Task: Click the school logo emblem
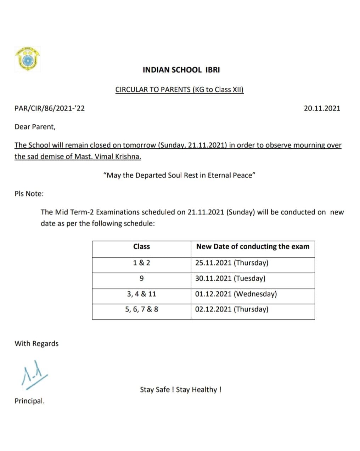[x=27, y=58]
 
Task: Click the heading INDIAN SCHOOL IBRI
[x=181, y=70]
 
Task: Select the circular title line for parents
[x=179, y=89]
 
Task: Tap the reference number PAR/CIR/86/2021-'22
[x=50, y=108]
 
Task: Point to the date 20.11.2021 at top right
[x=322, y=108]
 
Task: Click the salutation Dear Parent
[x=35, y=127]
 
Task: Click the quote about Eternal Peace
[x=179, y=175]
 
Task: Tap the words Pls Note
[x=29, y=194]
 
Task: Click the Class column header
[x=141, y=246]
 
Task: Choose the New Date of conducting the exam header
[x=253, y=246]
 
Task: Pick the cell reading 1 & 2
[x=141, y=263]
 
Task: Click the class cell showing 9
[x=141, y=278]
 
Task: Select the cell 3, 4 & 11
[x=141, y=294]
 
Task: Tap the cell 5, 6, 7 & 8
[x=141, y=309]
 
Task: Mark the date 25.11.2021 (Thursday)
[x=232, y=263]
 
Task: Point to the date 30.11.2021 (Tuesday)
[x=230, y=278]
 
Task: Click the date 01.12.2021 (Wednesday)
[x=236, y=294]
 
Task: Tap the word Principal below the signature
[x=29, y=401]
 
